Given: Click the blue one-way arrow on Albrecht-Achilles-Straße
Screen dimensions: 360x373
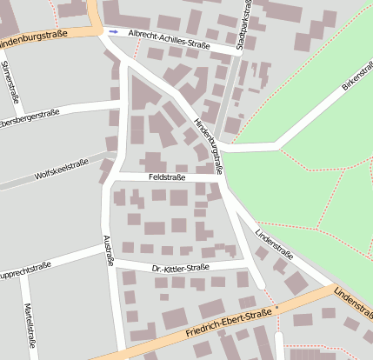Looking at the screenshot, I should click(x=115, y=31).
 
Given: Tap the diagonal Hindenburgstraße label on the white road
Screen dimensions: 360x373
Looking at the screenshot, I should click(x=209, y=144).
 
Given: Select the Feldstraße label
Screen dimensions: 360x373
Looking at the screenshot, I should click(x=167, y=177).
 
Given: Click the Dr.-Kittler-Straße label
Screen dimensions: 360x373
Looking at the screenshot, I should click(x=180, y=267).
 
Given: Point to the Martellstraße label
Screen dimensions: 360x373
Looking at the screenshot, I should click(x=31, y=329).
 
